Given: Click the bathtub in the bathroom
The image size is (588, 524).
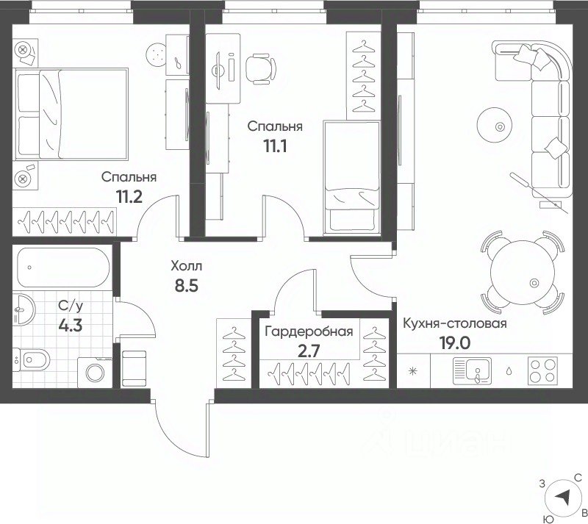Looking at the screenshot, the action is point(62,268).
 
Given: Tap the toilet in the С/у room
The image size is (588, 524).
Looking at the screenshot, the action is point(32,360).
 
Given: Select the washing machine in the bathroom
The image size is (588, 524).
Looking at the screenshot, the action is point(95,373).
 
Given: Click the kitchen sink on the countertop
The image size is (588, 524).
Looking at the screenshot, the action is point(472,371).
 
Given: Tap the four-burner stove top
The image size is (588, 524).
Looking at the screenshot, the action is point(542,371).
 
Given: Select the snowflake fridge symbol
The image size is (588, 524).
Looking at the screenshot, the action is point(413,371).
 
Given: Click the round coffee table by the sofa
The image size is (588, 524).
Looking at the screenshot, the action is point(495,125).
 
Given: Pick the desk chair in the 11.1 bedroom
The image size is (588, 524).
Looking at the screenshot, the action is point(261,68).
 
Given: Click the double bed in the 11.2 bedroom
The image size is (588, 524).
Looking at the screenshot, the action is point(71,114).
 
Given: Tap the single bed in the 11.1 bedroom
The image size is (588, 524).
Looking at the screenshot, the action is point(352,177).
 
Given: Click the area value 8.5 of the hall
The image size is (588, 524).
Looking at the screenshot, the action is point(187,285).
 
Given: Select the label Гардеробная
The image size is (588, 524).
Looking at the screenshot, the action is point(309,332).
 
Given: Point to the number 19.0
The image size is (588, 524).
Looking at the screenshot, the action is point(455,342).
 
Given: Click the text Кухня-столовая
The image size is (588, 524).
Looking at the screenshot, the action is point(455,323).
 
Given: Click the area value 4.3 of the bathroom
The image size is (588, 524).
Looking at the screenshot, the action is point(71,325).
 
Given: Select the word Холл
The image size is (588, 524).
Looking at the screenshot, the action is point(187,266).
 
